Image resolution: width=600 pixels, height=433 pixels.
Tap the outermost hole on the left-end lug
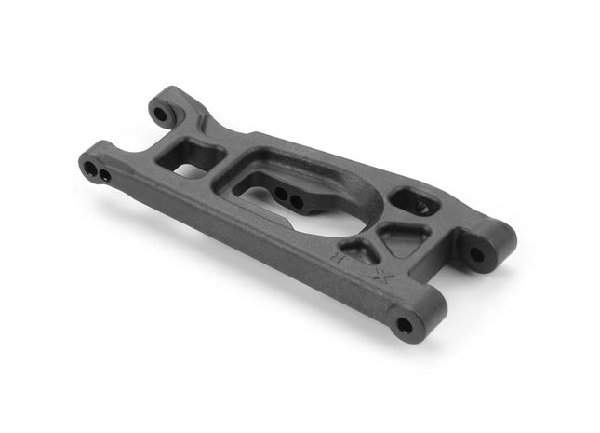click(90, 169)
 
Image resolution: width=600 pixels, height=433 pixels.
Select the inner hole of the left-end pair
click(105, 174)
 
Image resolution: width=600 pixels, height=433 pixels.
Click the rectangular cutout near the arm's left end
click(191, 156)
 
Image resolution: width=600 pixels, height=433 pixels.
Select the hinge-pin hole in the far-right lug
click(477, 253)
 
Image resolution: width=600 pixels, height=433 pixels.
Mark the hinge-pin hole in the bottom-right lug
click(404, 325)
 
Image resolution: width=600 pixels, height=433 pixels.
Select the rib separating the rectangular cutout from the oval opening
click(223, 168)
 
